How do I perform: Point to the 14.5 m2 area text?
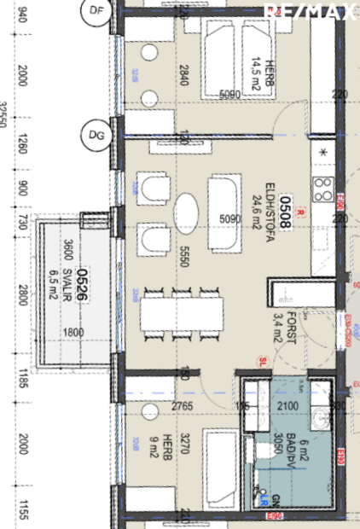click(x=254, y=76)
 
